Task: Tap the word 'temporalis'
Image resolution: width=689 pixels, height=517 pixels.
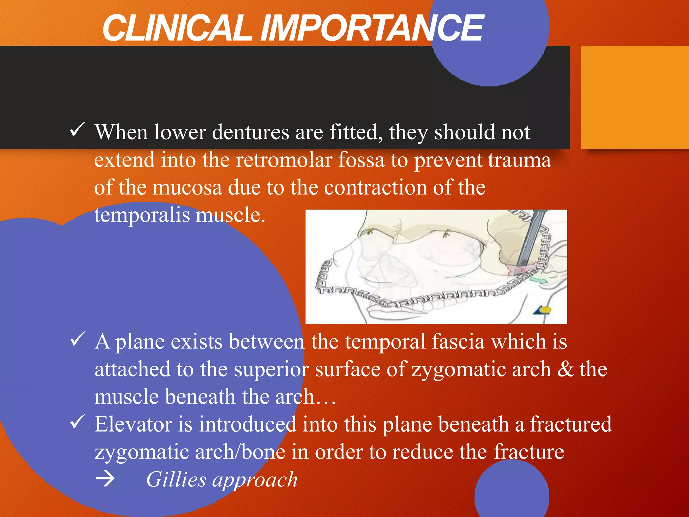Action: [142, 216]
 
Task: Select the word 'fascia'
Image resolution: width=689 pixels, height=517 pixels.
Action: [458, 342]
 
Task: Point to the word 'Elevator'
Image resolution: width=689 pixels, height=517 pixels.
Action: [133, 424]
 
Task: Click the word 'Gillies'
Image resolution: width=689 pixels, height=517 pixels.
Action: [176, 479]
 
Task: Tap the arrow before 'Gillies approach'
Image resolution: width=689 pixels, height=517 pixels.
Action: [105, 479]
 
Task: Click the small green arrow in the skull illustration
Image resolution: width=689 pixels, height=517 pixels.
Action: [539, 280]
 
